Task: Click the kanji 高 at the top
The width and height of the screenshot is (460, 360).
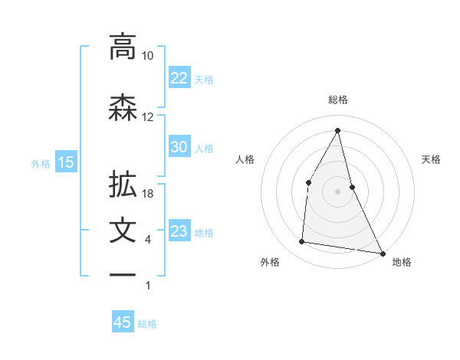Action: click(123, 47)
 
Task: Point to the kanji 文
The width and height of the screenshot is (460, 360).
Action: click(123, 231)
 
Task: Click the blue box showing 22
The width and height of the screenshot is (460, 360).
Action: click(179, 78)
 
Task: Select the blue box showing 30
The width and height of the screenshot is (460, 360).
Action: click(179, 148)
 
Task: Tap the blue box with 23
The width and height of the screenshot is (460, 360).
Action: click(179, 232)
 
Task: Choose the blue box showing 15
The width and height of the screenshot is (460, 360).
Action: click(66, 162)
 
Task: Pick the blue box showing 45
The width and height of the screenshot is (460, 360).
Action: click(123, 322)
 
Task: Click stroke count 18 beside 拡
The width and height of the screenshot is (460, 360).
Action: click(148, 194)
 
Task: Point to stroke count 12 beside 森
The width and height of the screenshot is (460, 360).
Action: click(148, 117)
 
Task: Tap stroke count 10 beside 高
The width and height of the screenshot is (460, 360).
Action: click(148, 56)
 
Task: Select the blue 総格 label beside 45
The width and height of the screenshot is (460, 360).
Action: click(147, 324)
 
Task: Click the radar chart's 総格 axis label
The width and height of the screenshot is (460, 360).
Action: click(338, 100)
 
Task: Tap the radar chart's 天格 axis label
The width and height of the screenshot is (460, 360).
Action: click(432, 159)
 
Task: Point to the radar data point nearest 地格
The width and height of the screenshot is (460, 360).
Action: click(383, 253)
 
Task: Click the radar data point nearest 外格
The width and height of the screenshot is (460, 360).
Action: click(302, 242)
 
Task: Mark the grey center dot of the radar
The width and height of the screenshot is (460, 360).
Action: click(337, 191)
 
